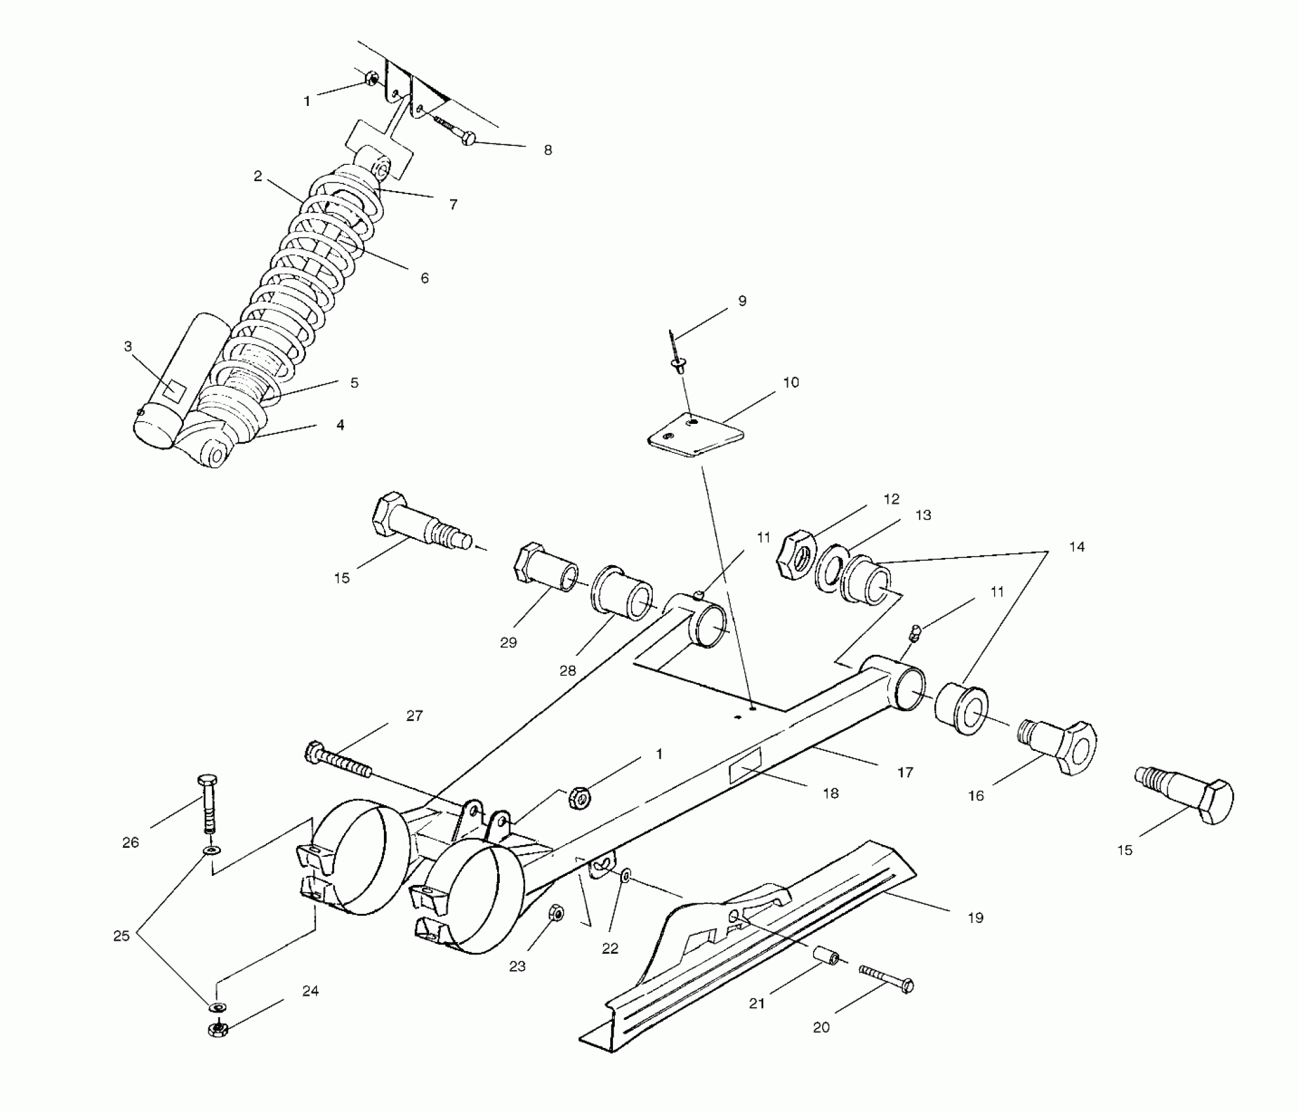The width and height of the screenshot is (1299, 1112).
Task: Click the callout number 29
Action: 508,642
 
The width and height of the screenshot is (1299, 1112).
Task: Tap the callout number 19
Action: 975,918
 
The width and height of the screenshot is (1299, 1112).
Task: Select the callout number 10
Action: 791,383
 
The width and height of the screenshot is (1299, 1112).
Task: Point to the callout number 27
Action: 415,716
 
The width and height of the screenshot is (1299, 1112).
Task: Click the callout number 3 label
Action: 128,347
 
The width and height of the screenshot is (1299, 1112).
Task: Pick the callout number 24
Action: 310,991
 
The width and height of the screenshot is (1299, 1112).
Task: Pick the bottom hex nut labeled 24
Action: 217,1029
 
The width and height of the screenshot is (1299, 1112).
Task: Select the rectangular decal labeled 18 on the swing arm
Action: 745,766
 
